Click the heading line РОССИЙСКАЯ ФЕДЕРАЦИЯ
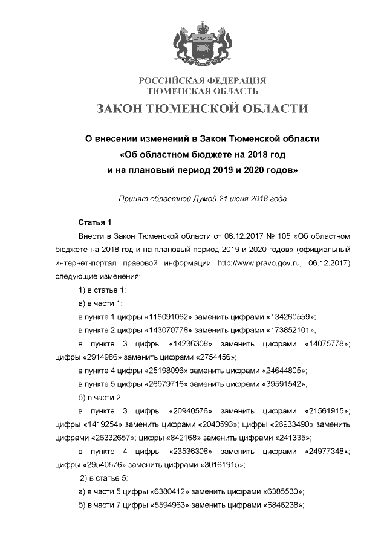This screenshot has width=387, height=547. pos(203,81)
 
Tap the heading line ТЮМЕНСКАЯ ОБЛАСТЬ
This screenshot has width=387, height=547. pos(203,91)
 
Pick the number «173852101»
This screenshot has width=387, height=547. pos(284,330)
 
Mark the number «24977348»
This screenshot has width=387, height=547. pos(327,451)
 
